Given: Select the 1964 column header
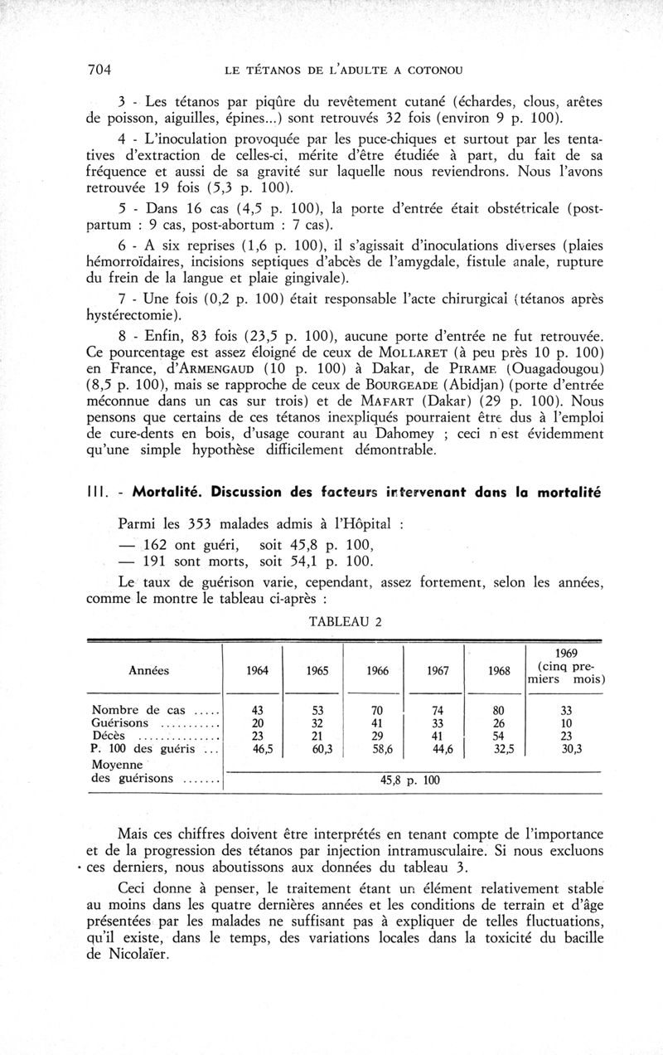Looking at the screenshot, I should coord(258,671).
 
